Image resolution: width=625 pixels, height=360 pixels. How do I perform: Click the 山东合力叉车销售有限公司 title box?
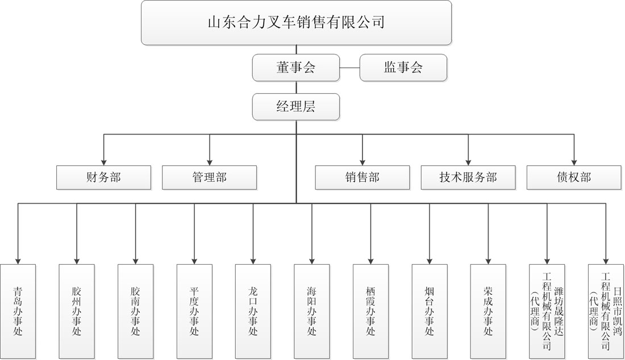pos(296,22)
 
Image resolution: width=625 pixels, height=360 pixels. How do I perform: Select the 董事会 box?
pos(296,68)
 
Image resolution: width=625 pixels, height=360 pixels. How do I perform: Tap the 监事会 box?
pos(403,68)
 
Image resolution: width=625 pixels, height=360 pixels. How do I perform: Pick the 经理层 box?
pos(296,107)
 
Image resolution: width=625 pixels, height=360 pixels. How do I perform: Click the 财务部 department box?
pos(103,177)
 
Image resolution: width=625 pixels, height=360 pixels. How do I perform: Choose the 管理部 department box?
pos(209,177)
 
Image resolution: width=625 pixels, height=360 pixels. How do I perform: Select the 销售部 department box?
pos(363,177)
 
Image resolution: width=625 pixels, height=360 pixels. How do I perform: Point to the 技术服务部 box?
pos(468,177)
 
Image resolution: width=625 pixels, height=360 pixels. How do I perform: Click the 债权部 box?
pos(574,177)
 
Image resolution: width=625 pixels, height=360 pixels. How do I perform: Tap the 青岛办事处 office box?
pos(18,311)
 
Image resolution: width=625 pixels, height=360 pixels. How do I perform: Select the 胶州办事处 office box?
pos(77,311)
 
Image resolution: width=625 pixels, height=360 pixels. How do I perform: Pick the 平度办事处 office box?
pos(194,311)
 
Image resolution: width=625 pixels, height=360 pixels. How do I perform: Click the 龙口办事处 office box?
pos(253,311)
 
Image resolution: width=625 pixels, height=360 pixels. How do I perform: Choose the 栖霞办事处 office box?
pos(370,311)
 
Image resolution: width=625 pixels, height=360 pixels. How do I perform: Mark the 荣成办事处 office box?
pos(488,311)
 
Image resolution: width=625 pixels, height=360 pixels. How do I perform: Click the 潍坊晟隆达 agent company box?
pos(547,311)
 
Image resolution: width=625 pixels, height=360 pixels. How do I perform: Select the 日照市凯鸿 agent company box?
pos(606,311)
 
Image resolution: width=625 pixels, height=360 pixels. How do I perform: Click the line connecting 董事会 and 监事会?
pos(349,68)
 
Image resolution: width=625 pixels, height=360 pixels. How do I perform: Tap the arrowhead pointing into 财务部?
pos(103,162)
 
